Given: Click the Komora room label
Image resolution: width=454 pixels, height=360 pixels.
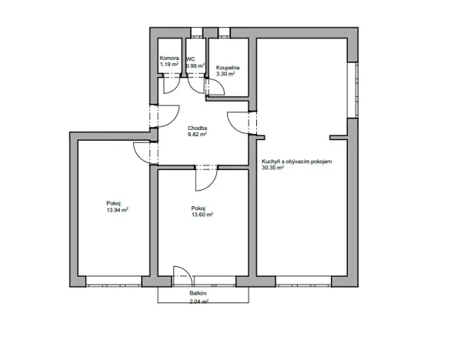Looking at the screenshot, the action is [x=169, y=58].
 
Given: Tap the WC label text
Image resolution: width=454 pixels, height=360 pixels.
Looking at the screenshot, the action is [x=191, y=59].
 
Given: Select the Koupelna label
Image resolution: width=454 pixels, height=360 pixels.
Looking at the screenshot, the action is [x=228, y=68].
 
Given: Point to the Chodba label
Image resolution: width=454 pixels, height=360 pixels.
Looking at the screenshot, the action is [x=198, y=128].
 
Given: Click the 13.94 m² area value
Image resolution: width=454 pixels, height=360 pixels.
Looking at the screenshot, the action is [x=117, y=210].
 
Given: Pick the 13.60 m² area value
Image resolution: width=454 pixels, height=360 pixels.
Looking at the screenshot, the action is [x=202, y=215].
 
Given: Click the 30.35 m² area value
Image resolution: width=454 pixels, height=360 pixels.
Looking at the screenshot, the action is [x=272, y=168].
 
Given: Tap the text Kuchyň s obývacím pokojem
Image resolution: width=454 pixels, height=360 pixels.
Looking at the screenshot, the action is [x=297, y=162].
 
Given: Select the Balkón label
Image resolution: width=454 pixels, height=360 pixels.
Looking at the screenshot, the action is [x=198, y=293].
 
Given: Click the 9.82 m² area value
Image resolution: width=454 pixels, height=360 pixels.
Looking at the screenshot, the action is [x=197, y=135].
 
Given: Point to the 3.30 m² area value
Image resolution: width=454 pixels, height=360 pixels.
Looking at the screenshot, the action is [x=225, y=74].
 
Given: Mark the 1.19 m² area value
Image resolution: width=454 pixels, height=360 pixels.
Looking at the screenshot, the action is [x=169, y=65].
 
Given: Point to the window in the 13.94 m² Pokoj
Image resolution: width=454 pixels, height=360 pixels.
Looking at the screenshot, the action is [x=114, y=282].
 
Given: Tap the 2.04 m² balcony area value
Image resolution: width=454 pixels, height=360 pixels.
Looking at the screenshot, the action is [x=199, y=302].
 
